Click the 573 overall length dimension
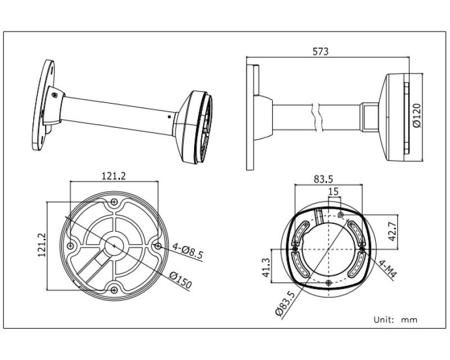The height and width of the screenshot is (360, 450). (320, 52)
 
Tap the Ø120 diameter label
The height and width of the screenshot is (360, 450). (417, 115)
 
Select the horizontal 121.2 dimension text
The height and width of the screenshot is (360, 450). (114, 175)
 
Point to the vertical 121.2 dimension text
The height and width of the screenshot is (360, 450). (42, 245)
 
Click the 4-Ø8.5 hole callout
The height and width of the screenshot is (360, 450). (188, 251)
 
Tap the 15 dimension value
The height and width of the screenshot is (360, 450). (334, 191)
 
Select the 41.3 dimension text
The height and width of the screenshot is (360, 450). (266, 267)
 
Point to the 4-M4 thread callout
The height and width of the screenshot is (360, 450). (388, 269)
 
